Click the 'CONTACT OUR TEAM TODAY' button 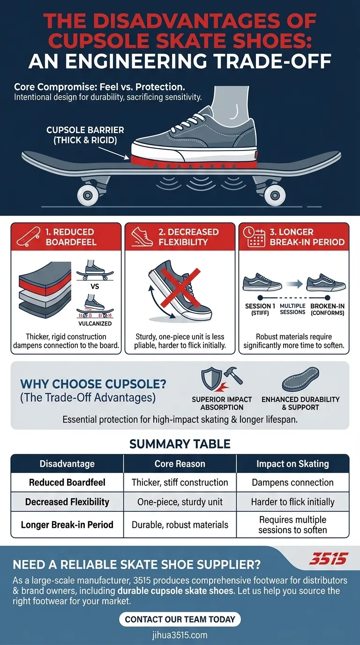[x=180, y=619]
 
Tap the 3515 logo [x=328, y=559]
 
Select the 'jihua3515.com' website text [x=180, y=635]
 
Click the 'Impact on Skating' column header [x=292, y=464]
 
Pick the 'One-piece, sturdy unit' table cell [x=180, y=502]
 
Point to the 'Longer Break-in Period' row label [x=67, y=525]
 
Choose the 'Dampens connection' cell [x=292, y=482]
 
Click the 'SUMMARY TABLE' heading [x=180, y=443]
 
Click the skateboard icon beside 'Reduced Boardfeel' [x=26, y=237]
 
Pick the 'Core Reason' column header [x=180, y=464]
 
